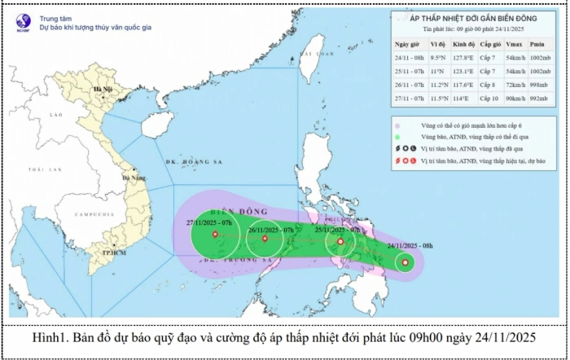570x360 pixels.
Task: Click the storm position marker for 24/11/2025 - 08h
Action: [x=405, y=262]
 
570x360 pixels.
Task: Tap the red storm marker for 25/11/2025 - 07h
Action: [x=340, y=241]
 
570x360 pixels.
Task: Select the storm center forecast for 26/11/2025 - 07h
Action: [x=265, y=239]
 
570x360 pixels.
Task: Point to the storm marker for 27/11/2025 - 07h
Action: [x=215, y=235]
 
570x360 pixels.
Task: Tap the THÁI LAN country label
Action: [x=39, y=169]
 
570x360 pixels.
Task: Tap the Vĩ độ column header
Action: [x=437, y=44]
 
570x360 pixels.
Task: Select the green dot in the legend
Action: [x=397, y=138]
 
